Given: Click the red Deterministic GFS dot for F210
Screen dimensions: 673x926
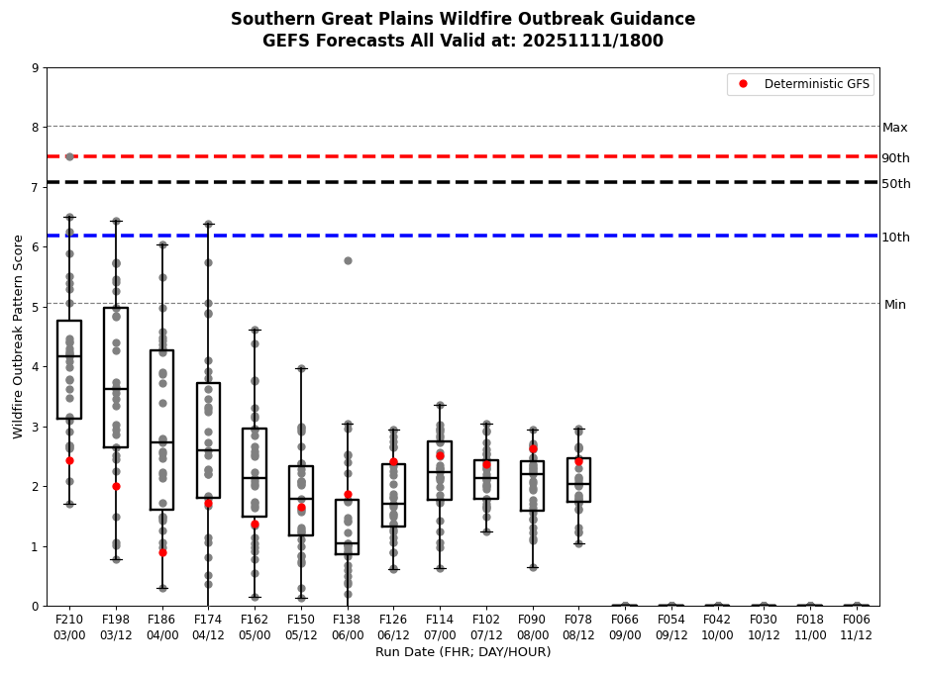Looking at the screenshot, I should [x=69, y=460].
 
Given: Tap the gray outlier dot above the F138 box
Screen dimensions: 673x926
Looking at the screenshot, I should [x=348, y=260].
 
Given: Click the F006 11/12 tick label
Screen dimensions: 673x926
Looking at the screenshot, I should [x=857, y=626].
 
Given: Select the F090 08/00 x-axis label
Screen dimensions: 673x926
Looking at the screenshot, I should [x=533, y=626].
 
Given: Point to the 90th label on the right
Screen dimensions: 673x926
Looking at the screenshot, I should [x=895, y=158].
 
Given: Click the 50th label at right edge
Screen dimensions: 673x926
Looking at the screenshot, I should [x=895, y=184].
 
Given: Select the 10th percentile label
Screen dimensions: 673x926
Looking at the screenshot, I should [x=895, y=238].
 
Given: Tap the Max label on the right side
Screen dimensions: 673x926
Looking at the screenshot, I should [x=894, y=128].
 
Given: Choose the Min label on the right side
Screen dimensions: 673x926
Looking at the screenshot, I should [x=894, y=305].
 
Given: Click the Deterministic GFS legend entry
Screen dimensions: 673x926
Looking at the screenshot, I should [x=816, y=84].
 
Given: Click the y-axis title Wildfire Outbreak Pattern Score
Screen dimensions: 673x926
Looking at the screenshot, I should [x=18, y=336].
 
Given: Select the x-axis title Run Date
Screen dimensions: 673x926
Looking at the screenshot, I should [x=463, y=652].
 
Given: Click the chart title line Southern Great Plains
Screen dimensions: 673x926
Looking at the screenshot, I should [x=463, y=20].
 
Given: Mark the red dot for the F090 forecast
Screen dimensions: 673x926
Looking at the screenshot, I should [x=533, y=448].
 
